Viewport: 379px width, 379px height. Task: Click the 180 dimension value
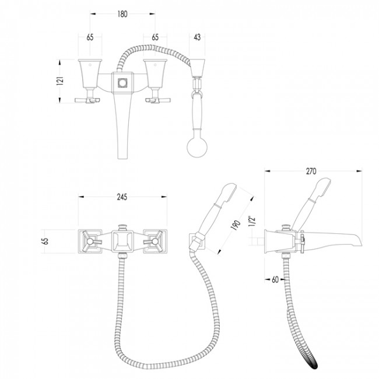pos(122,14)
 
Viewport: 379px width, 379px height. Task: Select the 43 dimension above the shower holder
pos(197,37)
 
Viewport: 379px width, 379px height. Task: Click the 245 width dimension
pos(122,197)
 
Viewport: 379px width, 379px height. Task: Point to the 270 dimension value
pos(311,171)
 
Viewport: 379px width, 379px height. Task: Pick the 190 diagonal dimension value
pos(236,225)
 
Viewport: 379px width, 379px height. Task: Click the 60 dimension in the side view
pos(275,279)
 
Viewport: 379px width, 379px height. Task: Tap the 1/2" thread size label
pos(252,221)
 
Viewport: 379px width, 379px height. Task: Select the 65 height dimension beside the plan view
pos(45,241)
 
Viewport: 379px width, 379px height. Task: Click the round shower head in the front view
pos(197,147)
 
